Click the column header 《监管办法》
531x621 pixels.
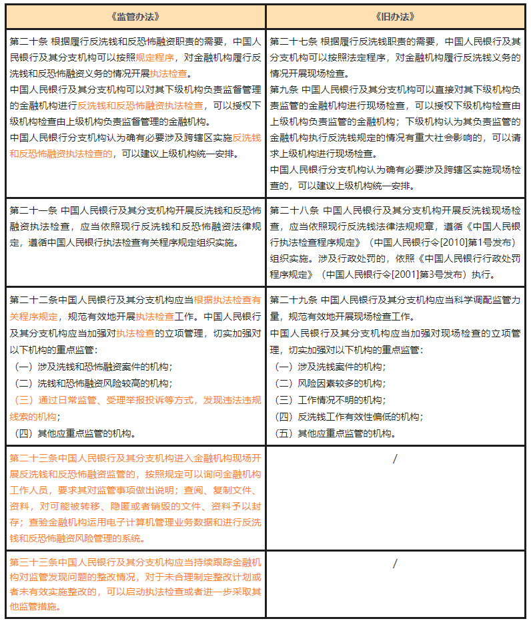click(136, 15)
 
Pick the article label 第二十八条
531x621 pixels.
click(294, 210)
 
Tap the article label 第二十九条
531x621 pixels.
click(294, 299)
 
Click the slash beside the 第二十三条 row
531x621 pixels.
click(395, 459)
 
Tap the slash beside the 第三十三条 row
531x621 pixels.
click(395, 563)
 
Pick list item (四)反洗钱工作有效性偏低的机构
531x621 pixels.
click(347, 417)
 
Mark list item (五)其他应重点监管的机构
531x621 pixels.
click(334, 433)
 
